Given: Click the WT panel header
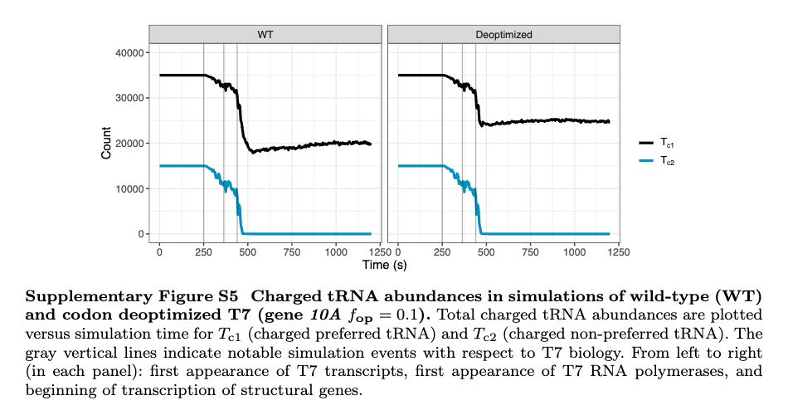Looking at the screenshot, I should (x=265, y=34).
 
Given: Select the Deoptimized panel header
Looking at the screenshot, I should (x=503, y=34).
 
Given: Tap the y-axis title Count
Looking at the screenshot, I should (x=106, y=143).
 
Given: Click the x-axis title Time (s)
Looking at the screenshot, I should (x=384, y=265).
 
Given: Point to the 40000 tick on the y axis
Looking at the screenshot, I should (x=131, y=52).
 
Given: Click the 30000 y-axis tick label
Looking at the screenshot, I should (x=131, y=98).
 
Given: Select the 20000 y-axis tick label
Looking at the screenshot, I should (x=131, y=143).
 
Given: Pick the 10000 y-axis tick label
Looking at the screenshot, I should (x=131, y=188).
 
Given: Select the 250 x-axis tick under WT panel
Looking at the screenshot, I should (x=203, y=251).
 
